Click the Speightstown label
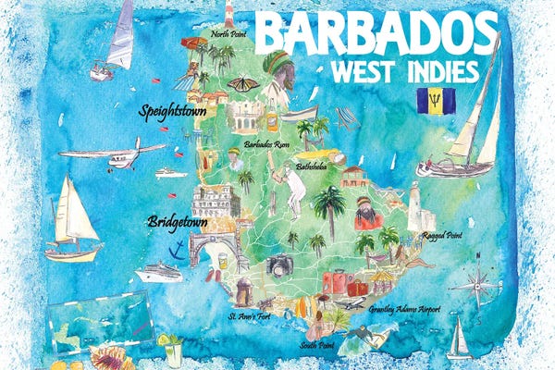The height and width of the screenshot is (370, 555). click(176, 112)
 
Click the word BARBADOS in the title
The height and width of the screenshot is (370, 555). click(376, 34)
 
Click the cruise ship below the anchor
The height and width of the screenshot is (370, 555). click(160, 273)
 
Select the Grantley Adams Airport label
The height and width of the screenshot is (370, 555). click(404, 310)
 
